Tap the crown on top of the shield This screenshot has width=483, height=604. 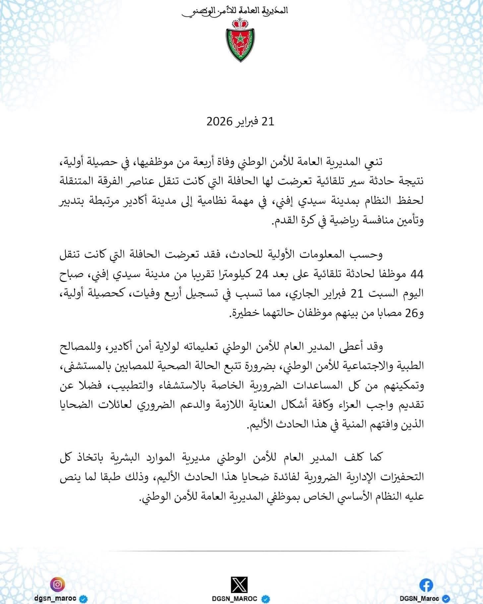pyautogui.click(x=240, y=23)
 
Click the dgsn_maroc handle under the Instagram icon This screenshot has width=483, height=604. pyautogui.click(x=55, y=598)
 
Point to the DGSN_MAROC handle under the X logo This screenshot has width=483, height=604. pyautogui.click(x=235, y=599)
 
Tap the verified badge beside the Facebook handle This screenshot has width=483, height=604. pyautogui.click(x=446, y=599)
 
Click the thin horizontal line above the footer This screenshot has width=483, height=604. pyautogui.click(x=241, y=552)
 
